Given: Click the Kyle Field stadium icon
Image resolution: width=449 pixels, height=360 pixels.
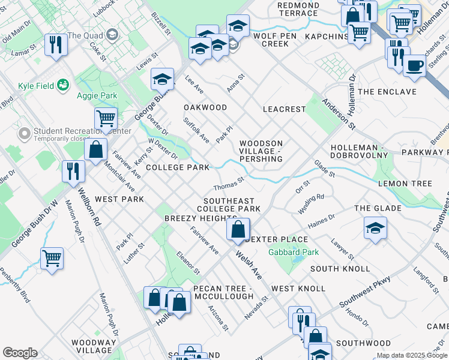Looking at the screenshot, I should coord(63,86).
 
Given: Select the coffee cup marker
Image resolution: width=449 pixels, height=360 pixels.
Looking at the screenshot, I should coord(414,66).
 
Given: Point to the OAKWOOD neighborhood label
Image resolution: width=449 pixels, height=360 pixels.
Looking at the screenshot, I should coord(205,107).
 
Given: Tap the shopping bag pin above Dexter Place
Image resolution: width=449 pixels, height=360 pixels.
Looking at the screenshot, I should coord(238,230).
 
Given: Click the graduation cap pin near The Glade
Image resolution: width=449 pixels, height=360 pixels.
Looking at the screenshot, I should coord(375,228).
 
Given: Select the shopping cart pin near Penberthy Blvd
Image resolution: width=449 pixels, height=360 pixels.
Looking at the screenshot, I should coord(52,259).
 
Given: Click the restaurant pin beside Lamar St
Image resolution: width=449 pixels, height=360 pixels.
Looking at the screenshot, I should coord(56,45).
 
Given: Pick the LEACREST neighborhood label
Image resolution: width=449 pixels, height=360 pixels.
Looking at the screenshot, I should coord(284,109).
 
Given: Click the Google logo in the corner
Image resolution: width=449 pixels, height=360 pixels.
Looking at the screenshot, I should coord(19,353).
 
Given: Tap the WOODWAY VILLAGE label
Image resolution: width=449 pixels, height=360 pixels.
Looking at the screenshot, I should coord(92,346).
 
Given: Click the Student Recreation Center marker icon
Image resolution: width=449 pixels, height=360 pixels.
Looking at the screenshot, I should coord(25,133).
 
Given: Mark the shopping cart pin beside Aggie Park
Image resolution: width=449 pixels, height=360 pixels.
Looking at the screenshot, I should coord(106,119).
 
